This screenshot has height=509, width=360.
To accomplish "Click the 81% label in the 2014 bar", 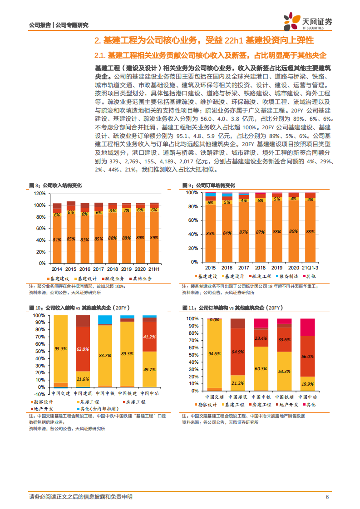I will tap(57, 240).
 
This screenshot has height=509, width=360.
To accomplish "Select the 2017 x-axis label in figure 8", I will tap(99, 269).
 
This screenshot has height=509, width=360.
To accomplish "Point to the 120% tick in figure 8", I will tap(39, 193).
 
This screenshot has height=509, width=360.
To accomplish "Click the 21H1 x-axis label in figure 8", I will tap(154, 269).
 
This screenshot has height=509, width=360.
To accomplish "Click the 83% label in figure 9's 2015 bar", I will tap(210, 233).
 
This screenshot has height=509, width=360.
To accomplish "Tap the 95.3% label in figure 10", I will tap(61, 349).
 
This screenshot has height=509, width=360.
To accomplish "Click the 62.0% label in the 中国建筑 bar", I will tap(83, 349).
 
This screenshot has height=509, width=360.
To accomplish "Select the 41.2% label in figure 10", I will tap(150, 337).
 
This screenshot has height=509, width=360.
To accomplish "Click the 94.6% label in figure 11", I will tap(215, 354).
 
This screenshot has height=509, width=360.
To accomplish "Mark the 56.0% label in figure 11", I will tap(308, 357).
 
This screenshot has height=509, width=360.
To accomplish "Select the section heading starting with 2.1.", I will tap(210, 55).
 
